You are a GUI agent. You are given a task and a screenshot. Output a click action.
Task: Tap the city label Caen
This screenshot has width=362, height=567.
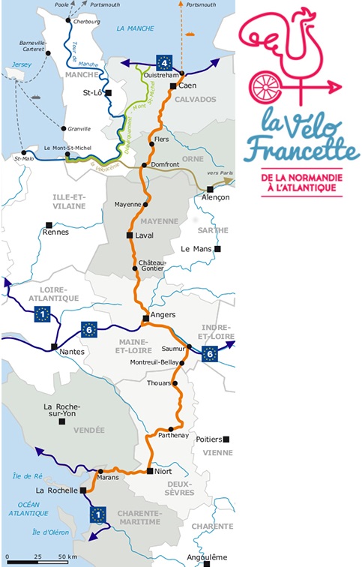187,86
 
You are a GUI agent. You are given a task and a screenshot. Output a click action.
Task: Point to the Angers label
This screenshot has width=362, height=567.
163,315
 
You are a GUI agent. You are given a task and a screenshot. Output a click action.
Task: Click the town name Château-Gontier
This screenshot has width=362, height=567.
154,266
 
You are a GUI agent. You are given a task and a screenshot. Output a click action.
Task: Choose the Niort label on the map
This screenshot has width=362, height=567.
163,471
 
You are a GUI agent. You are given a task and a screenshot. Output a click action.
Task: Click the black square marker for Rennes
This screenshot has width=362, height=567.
49,223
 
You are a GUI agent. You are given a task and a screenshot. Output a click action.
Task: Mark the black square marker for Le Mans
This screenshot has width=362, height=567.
217,248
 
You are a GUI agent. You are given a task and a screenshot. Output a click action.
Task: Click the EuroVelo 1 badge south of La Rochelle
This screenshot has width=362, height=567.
97,514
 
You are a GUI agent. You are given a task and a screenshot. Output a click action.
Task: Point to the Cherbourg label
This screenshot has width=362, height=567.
88,22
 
